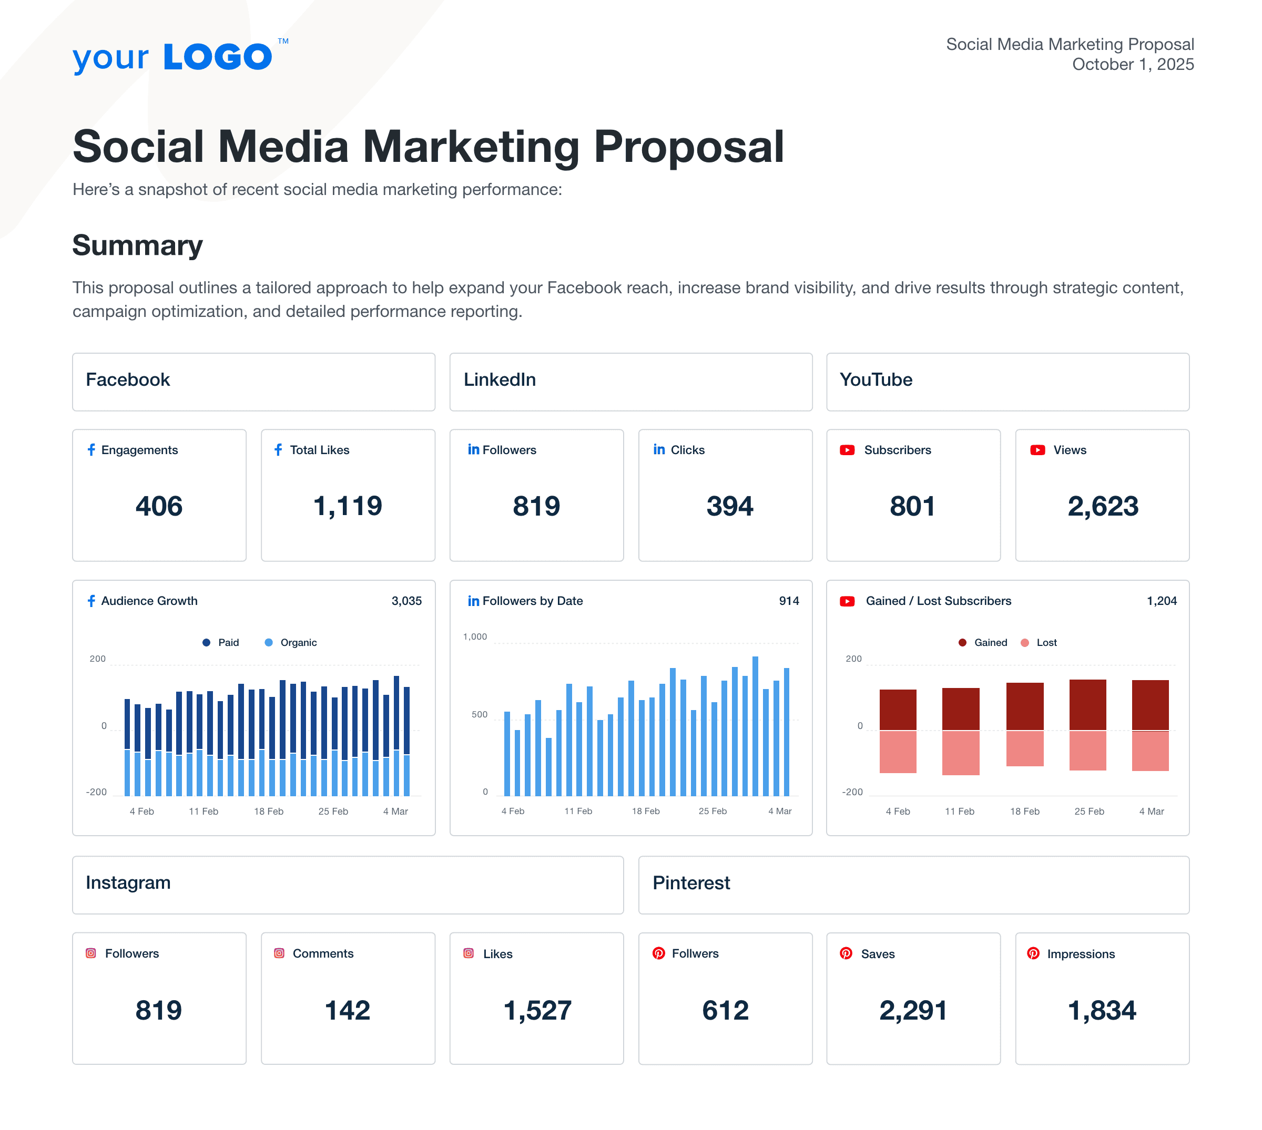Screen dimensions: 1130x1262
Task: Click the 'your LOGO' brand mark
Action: pos(172,57)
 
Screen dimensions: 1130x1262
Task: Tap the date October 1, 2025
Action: pos(1132,65)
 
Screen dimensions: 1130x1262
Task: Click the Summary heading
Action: pos(137,245)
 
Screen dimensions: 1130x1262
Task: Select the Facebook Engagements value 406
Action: pos(159,506)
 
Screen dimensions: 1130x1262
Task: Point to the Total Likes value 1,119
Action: pos(347,506)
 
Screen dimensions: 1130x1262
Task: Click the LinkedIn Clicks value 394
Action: pos(729,506)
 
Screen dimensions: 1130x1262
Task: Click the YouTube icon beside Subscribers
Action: pos(847,450)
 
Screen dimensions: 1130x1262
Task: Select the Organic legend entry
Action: pos(298,643)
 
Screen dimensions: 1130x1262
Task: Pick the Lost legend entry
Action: pos(1046,643)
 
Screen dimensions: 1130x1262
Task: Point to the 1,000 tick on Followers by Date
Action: pos(475,636)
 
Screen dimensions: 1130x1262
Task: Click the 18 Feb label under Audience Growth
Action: pos(268,811)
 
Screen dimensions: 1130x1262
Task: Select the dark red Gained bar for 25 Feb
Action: pos(1087,705)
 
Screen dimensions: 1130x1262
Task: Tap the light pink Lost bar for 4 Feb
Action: pos(898,752)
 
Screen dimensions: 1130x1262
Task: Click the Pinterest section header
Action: pos(691,883)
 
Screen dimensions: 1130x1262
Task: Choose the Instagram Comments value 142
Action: pos(347,1010)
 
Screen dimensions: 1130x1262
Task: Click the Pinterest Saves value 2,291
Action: pos(913,1010)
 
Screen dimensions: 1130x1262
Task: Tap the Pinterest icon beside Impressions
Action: pos(1033,953)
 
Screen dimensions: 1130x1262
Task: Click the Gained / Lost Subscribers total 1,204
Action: pos(1162,601)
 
